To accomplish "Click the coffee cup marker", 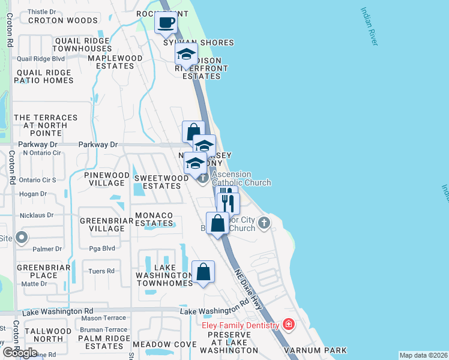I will [x=166, y=24].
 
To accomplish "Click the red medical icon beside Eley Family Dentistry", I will [x=289, y=325].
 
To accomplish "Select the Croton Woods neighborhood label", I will [x=54, y=20].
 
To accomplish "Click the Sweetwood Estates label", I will [x=157, y=182].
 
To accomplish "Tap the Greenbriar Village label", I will [x=102, y=224].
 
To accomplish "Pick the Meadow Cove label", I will [x=164, y=344].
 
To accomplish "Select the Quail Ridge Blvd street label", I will [x=41, y=59].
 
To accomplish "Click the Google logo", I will [x=20, y=353].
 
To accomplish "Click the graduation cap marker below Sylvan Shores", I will [x=186, y=55].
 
